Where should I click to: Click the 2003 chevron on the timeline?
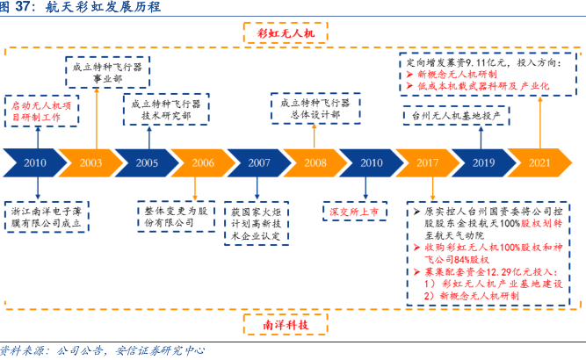(90, 163)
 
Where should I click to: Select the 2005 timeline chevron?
(147, 163)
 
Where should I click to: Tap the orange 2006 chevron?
(202, 163)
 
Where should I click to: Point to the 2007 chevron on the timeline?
(258, 163)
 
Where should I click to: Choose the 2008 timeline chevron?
(315, 163)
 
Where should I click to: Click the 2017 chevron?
(428, 163)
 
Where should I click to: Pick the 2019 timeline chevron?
(484, 163)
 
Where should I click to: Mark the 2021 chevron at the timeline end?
(540, 163)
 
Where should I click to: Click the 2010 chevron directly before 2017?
(371, 163)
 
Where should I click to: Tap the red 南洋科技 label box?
(286, 326)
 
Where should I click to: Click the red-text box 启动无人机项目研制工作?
(39, 109)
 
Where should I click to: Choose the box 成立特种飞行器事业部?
(110, 70)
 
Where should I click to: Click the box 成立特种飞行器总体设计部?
(315, 109)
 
